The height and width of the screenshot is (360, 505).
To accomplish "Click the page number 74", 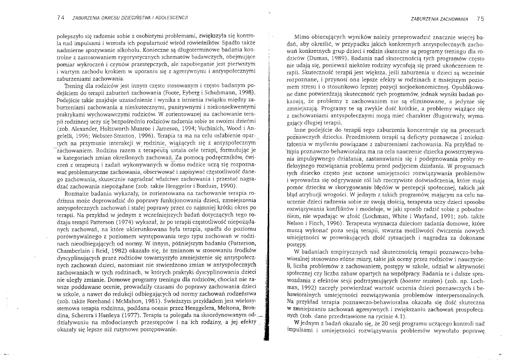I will [60, 18].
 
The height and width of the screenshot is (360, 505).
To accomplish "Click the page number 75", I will [480, 18].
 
